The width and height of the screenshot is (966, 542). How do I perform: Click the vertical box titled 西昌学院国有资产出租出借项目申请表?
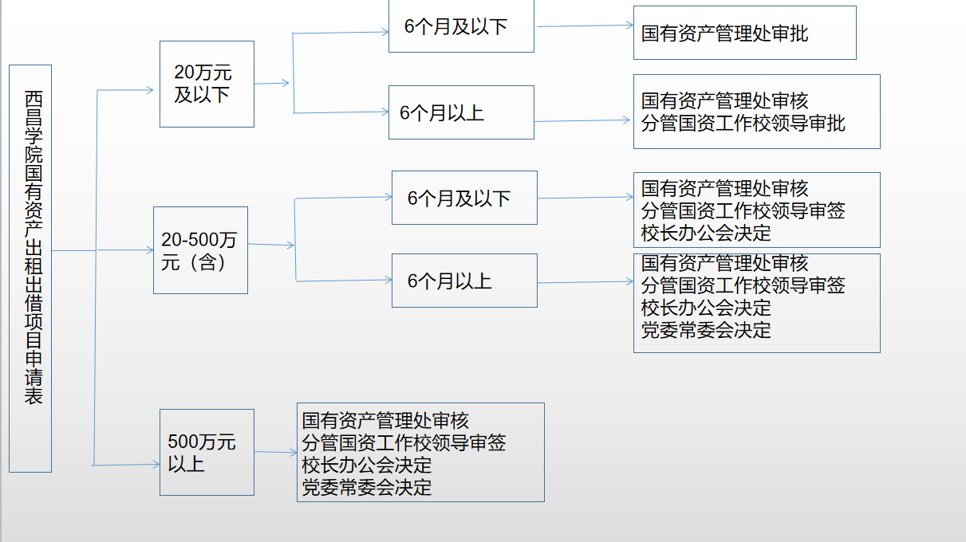(x=30, y=268)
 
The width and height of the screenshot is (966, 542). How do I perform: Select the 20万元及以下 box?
(x=207, y=84)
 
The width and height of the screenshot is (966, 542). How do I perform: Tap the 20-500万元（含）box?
(x=200, y=250)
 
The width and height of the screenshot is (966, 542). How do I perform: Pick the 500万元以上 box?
(x=207, y=452)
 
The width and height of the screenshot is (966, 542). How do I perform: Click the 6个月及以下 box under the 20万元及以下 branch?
(x=461, y=26)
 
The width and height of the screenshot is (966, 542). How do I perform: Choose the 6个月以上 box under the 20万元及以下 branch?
(x=461, y=112)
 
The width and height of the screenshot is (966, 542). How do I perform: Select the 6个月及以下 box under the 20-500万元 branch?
(x=464, y=198)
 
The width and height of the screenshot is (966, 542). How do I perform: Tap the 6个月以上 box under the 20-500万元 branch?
(x=464, y=281)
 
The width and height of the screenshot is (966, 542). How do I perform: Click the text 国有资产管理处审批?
(x=725, y=33)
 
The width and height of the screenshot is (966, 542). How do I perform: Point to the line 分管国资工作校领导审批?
(x=743, y=124)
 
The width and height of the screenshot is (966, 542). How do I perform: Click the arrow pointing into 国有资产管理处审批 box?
(x=585, y=26)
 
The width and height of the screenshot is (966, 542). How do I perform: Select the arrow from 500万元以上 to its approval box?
(x=275, y=452)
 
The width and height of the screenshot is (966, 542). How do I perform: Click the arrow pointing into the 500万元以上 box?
(x=128, y=464)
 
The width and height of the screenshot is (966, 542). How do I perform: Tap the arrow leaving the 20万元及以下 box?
(x=272, y=82)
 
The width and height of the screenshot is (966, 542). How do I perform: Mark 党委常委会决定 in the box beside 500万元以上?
(x=367, y=486)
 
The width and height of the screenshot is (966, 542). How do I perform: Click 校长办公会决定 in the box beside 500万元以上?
(x=367, y=464)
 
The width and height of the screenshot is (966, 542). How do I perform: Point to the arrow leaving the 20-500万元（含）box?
(x=271, y=245)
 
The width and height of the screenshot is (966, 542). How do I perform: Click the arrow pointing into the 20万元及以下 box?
(x=126, y=90)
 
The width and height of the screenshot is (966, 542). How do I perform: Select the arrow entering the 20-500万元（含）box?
(x=126, y=250)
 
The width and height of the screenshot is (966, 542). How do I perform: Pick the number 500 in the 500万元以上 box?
(x=182, y=442)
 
